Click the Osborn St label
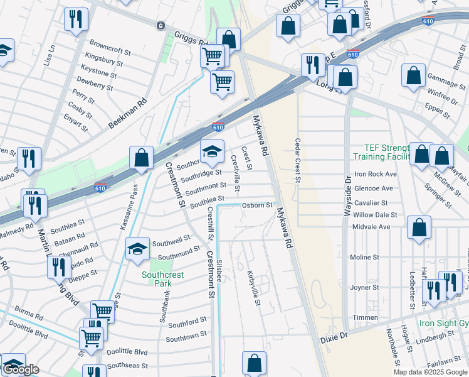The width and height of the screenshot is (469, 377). click(257, 205)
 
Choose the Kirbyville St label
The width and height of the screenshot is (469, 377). click(254, 288)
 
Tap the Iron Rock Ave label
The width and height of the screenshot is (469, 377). click(375, 174)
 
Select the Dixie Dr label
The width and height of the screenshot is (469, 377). click(334, 337)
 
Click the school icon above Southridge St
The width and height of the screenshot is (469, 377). click(212, 151)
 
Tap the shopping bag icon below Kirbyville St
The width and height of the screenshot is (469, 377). click(254, 363)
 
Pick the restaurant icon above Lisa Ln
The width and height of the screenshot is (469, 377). click(76, 18)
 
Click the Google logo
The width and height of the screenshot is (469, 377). click(21, 369)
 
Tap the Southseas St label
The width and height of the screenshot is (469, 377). click(127, 365)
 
